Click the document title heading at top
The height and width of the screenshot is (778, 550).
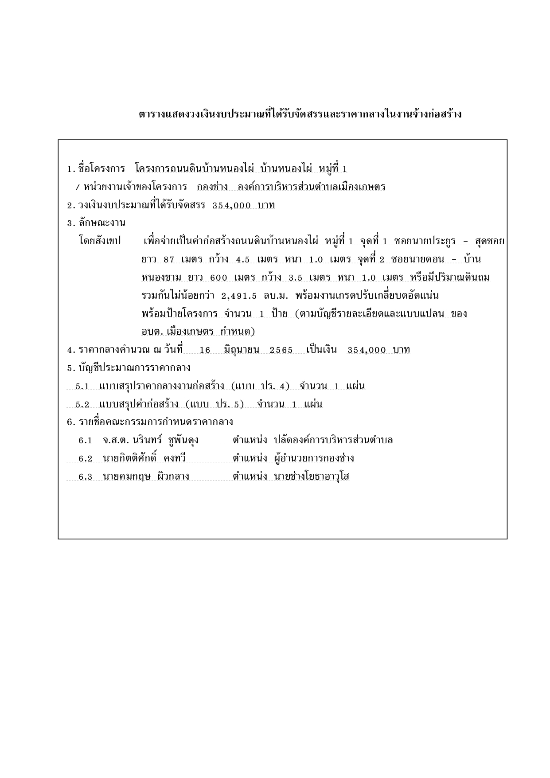(x=300, y=114)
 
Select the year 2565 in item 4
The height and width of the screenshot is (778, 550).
(x=281, y=350)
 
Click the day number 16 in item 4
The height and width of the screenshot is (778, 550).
(x=205, y=350)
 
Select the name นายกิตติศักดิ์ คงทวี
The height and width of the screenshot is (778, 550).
(x=144, y=458)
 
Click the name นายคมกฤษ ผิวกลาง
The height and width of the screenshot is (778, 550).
(x=146, y=477)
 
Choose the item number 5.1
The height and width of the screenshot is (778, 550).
(x=82, y=387)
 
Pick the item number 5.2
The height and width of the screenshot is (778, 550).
(x=82, y=405)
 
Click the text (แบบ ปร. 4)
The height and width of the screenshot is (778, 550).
(x=260, y=386)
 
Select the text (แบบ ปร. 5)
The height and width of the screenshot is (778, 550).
(x=215, y=404)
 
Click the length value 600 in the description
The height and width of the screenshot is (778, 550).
(x=218, y=278)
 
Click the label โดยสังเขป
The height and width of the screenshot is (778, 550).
(x=99, y=241)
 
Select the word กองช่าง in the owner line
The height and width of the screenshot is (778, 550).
(x=212, y=187)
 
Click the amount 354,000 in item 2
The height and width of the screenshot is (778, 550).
(x=232, y=205)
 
